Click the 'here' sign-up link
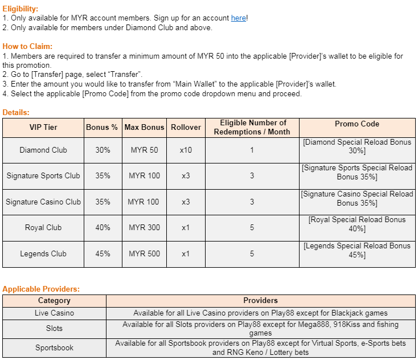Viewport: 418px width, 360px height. [239, 18]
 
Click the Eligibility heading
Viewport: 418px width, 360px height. [21, 9]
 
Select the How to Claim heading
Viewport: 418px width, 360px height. [27, 46]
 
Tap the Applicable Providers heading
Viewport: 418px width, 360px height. [41, 289]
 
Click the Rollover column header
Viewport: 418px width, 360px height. [186, 127]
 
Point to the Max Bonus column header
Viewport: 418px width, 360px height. [144, 127]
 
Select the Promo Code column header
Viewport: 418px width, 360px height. [357, 124]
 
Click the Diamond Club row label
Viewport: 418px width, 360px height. [43, 150]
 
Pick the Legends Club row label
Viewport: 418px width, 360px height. [43, 253]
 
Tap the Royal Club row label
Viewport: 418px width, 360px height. [43, 227]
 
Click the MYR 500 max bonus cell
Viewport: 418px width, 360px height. [144, 253]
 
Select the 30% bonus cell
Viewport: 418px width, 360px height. [103, 150]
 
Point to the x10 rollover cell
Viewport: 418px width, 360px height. [186, 150]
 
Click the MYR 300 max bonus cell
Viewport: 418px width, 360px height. [144, 227]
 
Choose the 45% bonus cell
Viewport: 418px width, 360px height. [103, 253]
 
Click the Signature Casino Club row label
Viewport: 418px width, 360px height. [43, 202]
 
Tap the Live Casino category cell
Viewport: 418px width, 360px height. [54, 313]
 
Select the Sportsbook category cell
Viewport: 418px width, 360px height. [54, 347]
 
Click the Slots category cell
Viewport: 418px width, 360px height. [54, 328]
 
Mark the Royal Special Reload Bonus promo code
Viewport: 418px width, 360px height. [357, 224]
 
